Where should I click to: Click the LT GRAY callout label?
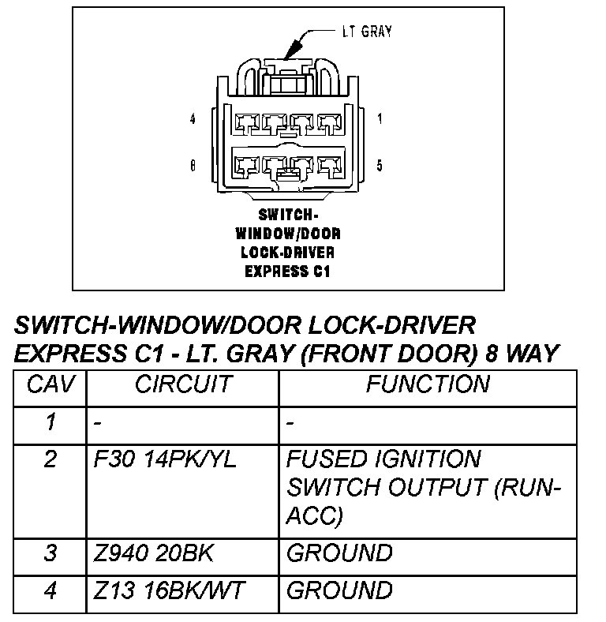point(366,32)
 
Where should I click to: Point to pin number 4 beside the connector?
point(193,120)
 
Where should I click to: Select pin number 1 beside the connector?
point(380,120)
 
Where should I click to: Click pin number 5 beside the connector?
point(380,166)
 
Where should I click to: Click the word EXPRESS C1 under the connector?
point(286,272)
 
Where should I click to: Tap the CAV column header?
point(51,384)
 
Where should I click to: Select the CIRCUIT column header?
point(183,384)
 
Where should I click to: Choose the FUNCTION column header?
point(427,384)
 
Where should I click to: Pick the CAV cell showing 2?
point(51,459)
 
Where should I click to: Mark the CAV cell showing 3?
point(51,553)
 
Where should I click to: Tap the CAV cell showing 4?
point(51,590)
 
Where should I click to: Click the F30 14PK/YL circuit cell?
point(165,459)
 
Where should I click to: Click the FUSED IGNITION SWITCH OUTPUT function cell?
point(423,487)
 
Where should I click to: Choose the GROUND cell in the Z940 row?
point(339,553)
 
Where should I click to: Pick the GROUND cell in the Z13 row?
point(339,590)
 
